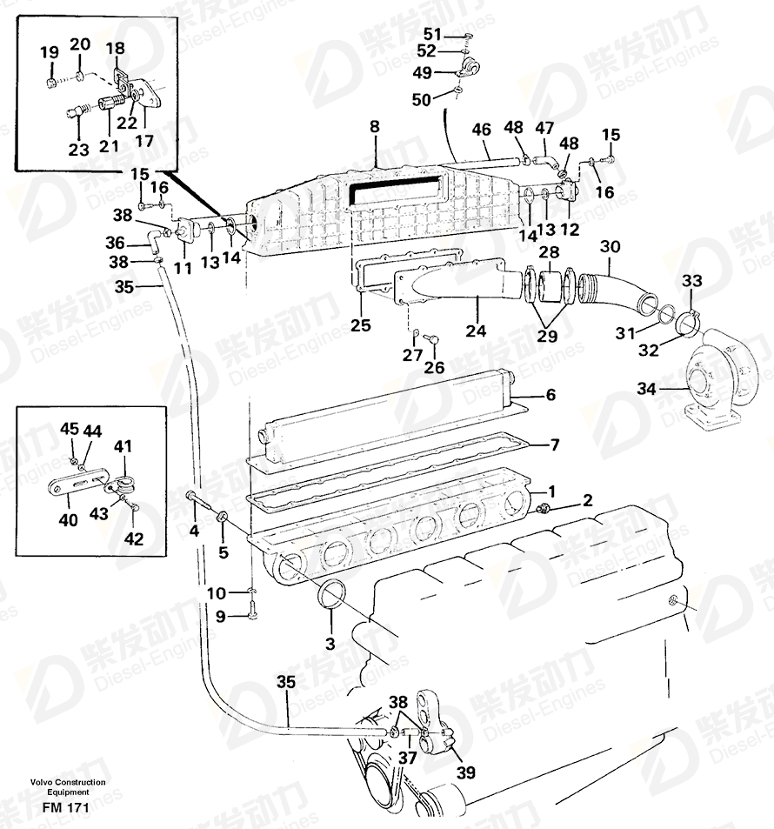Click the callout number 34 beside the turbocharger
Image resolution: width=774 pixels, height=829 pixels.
click(x=646, y=389)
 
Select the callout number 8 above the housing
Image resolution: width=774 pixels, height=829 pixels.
click(x=374, y=126)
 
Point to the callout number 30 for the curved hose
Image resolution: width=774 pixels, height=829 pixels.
click(x=611, y=246)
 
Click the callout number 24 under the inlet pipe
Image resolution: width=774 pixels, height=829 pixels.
click(x=476, y=331)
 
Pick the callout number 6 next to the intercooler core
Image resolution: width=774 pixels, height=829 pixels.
click(x=550, y=394)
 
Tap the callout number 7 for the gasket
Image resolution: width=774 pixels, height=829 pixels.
click(x=554, y=445)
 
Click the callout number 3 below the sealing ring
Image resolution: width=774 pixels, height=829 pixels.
click(x=330, y=644)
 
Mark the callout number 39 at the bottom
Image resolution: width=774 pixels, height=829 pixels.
click(x=466, y=772)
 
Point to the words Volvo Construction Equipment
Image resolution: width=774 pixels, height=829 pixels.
click(x=68, y=786)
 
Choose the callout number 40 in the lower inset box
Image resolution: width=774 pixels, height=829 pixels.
click(x=68, y=519)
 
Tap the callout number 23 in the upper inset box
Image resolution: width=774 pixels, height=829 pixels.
click(x=78, y=150)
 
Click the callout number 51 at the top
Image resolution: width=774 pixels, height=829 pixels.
click(x=432, y=34)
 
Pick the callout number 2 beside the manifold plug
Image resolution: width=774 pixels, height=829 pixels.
click(x=587, y=500)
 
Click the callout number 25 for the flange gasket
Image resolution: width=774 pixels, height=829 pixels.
click(x=361, y=324)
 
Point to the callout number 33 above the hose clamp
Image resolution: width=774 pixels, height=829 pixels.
click(x=691, y=281)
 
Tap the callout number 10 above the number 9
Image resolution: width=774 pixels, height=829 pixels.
click(x=217, y=593)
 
